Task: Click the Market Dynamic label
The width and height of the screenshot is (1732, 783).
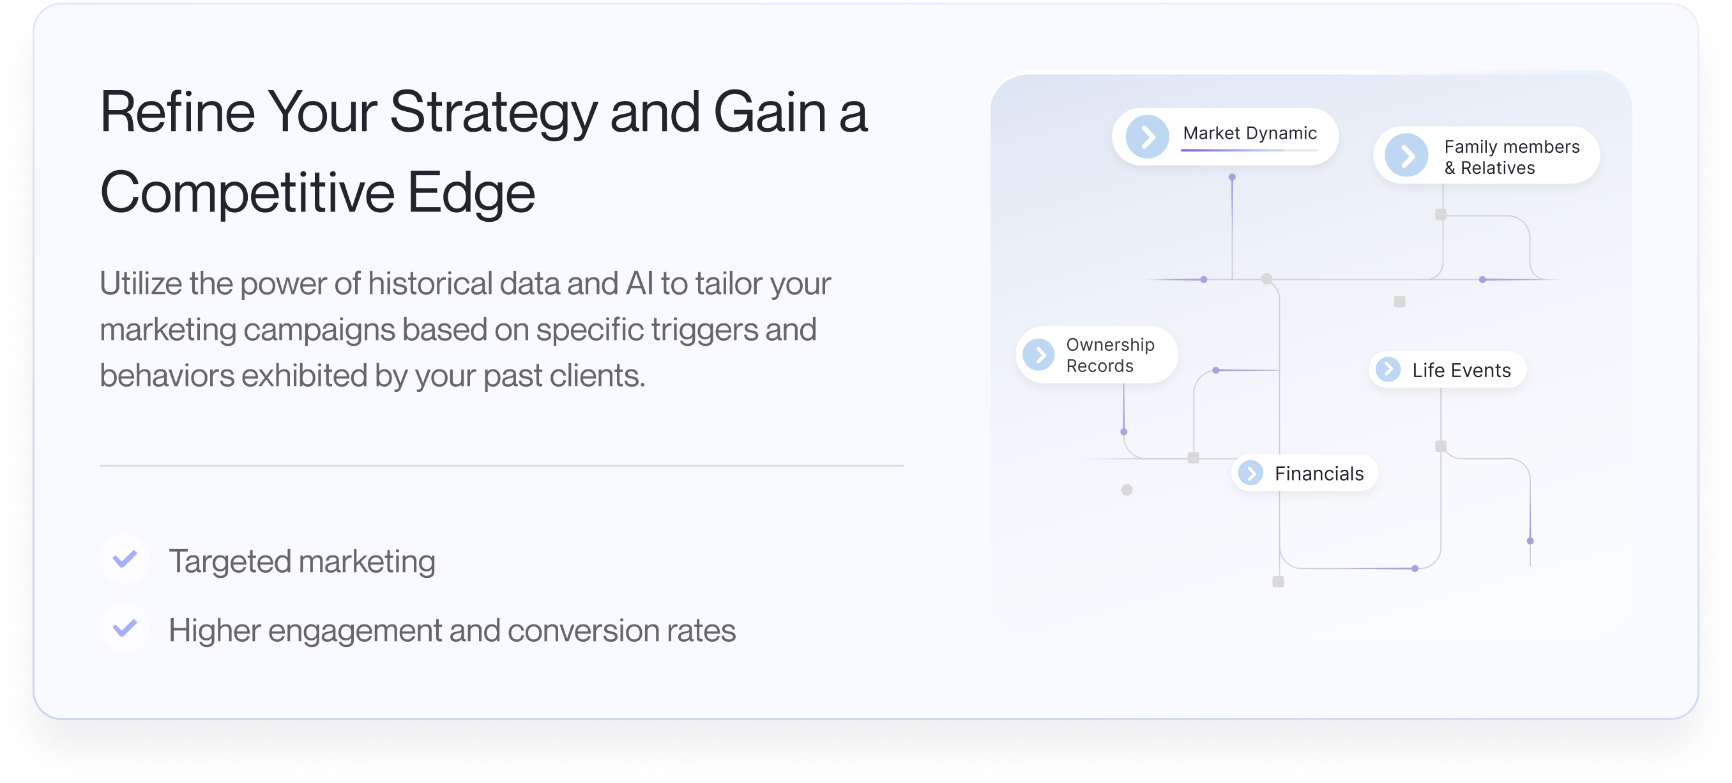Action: (x=1249, y=133)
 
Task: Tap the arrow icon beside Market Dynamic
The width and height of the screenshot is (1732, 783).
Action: (x=1147, y=137)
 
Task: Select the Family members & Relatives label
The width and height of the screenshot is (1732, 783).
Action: (x=1512, y=157)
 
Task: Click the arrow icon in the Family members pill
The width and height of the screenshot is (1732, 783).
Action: (x=1406, y=155)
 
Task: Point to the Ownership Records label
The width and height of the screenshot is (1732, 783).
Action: (x=1110, y=355)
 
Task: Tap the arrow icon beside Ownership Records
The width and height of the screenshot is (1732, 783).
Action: (x=1039, y=355)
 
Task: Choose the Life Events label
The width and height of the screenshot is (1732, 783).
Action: (x=1461, y=370)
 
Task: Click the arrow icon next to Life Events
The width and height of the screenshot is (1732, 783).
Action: (x=1388, y=369)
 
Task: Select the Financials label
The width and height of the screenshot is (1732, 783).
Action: (x=1319, y=474)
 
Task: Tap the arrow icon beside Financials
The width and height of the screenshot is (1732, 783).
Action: (x=1250, y=473)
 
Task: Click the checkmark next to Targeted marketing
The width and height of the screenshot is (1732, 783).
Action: (x=125, y=559)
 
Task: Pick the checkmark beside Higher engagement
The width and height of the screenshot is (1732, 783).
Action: (x=125, y=628)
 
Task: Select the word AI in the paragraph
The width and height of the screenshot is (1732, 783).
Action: (x=639, y=283)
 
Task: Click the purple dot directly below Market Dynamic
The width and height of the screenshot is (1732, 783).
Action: (x=1232, y=177)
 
